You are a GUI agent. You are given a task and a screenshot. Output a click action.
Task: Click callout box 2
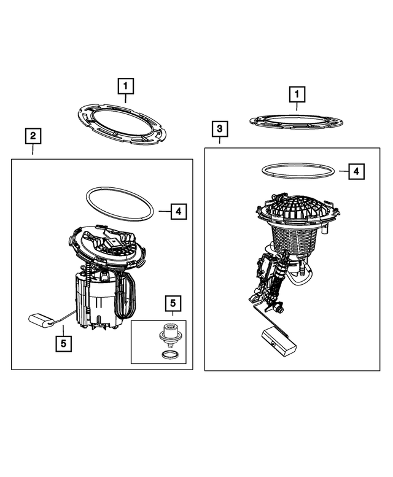(33, 136)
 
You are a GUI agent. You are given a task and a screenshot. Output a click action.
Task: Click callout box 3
(220, 130)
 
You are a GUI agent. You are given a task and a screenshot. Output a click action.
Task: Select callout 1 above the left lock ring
(126, 87)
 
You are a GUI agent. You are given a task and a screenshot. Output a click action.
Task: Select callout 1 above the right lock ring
(297, 95)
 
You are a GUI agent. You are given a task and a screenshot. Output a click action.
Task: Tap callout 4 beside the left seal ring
(179, 211)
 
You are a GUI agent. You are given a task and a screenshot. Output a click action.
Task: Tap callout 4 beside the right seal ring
(356, 171)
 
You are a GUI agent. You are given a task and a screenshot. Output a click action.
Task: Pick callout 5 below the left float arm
(64, 344)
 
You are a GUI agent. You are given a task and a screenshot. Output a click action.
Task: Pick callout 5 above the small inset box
(173, 303)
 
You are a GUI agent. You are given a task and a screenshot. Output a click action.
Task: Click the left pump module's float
(41, 320)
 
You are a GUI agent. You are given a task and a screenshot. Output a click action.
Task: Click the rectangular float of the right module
(279, 341)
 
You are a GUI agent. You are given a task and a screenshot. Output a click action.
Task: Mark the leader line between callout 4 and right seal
(344, 171)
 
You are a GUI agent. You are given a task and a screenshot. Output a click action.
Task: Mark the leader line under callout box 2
(33, 149)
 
